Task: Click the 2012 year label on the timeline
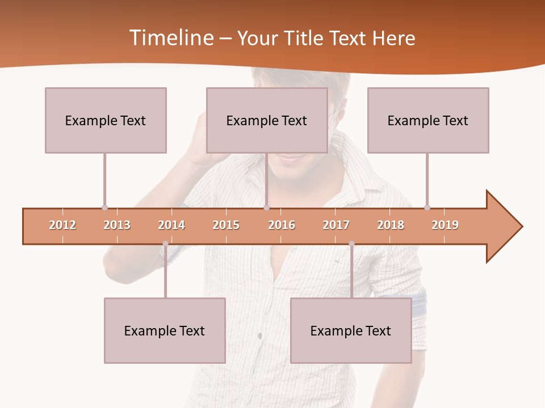pyautogui.click(x=62, y=225)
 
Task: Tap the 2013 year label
pyautogui.click(x=117, y=225)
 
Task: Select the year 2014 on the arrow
pyautogui.click(x=171, y=225)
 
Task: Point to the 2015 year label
pyautogui.click(x=226, y=225)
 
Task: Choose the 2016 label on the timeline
pyautogui.click(x=282, y=225)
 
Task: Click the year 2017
pyautogui.click(x=336, y=225)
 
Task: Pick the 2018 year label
pyautogui.click(x=391, y=225)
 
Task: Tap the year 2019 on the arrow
pyautogui.click(x=445, y=225)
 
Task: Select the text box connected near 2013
pyautogui.click(x=106, y=120)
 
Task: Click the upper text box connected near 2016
pyautogui.click(x=267, y=120)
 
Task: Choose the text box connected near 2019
pyautogui.click(x=428, y=120)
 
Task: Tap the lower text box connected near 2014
pyautogui.click(x=165, y=330)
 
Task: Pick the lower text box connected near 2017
pyautogui.click(x=351, y=330)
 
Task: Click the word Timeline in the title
pyautogui.click(x=171, y=38)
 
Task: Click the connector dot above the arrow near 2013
pyautogui.click(x=104, y=207)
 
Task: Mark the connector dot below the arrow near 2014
pyautogui.click(x=165, y=244)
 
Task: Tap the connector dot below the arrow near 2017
pyautogui.click(x=351, y=244)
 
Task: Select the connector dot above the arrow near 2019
pyautogui.click(x=427, y=207)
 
